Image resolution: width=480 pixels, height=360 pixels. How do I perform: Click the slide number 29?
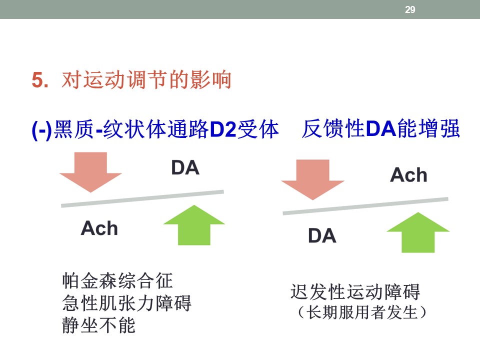click(x=410, y=9)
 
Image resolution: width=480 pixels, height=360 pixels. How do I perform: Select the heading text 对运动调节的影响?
click(x=146, y=80)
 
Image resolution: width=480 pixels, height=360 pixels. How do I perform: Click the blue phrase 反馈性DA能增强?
click(x=380, y=129)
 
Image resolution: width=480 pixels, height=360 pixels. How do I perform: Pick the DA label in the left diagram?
click(x=185, y=168)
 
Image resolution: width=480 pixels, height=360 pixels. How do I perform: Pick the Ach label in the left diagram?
click(x=99, y=228)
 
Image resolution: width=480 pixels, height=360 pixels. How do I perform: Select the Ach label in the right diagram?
click(x=408, y=175)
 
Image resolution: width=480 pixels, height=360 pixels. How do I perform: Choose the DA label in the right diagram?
click(x=321, y=235)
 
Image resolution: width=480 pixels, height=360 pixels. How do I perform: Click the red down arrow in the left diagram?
click(x=90, y=172)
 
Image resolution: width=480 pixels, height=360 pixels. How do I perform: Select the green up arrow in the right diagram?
click(x=418, y=232)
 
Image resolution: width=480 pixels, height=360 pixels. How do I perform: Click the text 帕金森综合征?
click(x=117, y=281)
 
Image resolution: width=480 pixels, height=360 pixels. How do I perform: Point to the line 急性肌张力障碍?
click(x=126, y=303)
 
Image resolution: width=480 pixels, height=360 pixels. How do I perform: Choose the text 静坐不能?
click(x=99, y=325)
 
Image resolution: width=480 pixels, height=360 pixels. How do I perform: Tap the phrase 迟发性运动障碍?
click(x=355, y=292)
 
